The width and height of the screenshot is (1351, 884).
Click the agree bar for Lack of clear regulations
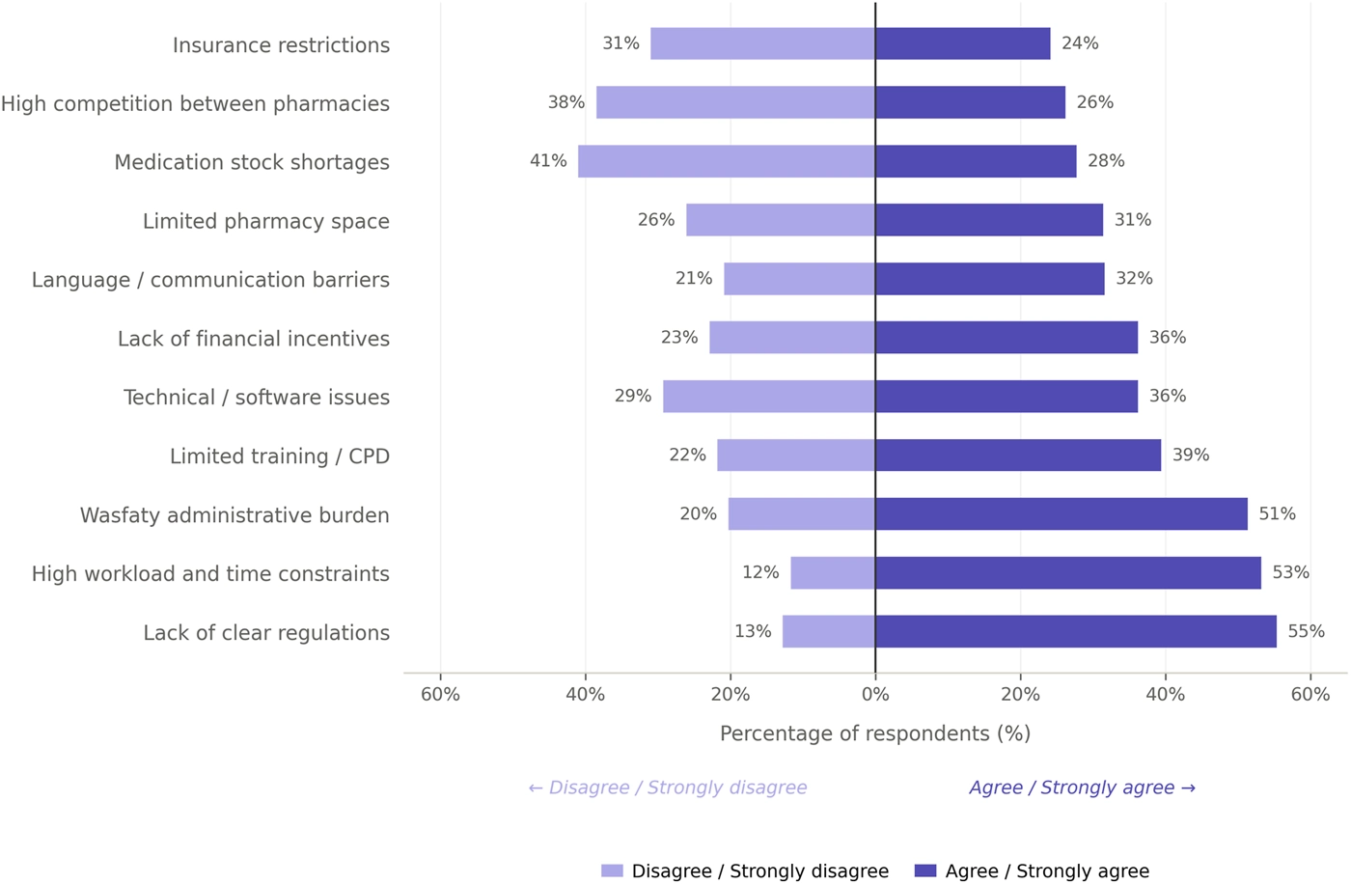[x=1075, y=631]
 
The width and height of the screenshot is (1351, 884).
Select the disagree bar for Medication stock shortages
[x=726, y=161]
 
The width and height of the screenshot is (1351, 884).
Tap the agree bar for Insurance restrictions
[x=963, y=43]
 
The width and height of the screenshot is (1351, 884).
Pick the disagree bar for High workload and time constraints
[x=833, y=572]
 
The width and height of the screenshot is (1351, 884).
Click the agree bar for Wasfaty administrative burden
[x=1061, y=513]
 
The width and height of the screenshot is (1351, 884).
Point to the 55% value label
[x=1307, y=631]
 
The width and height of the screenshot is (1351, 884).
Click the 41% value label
[x=548, y=161]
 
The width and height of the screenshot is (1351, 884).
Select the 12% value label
[x=760, y=572]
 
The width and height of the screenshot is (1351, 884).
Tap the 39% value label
[x=1191, y=455]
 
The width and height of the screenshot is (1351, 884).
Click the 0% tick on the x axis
[x=875, y=695]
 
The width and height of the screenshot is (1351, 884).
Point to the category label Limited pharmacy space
[x=266, y=221]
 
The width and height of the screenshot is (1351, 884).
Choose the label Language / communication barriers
[x=210, y=280]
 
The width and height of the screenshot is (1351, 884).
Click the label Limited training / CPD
[x=280, y=456]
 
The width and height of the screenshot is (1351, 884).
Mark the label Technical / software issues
[x=257, y=398]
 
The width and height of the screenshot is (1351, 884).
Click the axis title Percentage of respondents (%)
[x=875, y=733]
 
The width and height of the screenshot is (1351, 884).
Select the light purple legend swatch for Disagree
[x=612, y=870]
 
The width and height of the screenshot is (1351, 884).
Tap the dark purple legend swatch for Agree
[x=925, y=870]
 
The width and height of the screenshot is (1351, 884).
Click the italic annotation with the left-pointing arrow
[x=668, y=787]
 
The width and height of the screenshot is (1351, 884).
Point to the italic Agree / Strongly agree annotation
[x=1083, y=787]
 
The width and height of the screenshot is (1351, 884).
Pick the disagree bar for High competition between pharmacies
[x=735, y=102]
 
